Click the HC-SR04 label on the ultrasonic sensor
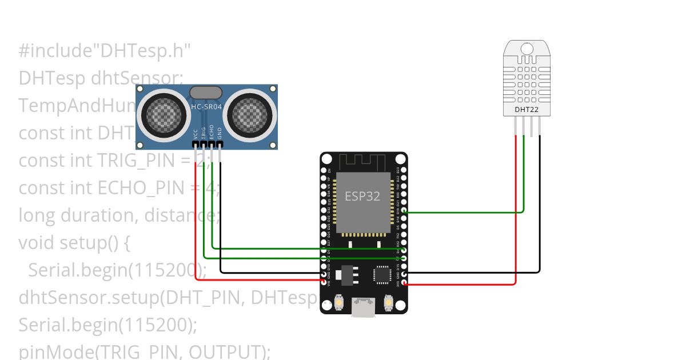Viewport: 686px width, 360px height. (206, 107)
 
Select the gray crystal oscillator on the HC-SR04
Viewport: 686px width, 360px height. (206, 92)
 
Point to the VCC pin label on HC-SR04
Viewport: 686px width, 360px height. (196, 134)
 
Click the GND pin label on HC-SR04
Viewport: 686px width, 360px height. (220, 134)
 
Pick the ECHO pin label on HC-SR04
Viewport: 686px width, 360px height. (212, 132)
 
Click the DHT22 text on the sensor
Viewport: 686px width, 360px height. (526, 110)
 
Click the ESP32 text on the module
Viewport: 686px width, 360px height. (362, 196)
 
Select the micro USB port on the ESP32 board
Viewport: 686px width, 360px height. (364, 307)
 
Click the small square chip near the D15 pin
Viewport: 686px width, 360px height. (382, 275)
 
